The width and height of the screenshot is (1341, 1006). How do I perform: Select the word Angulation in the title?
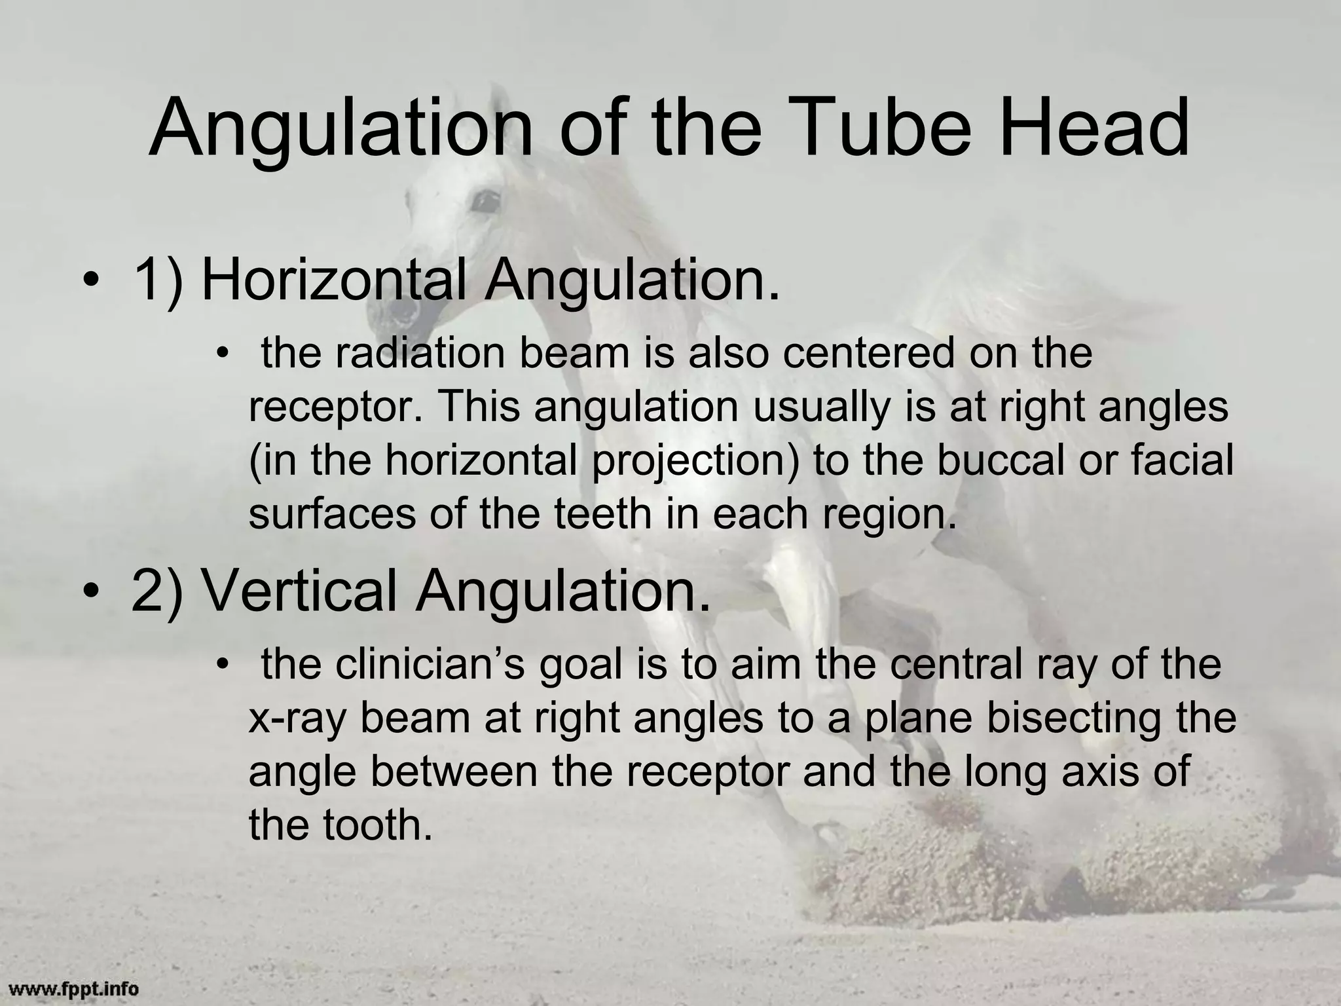point(341,129)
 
